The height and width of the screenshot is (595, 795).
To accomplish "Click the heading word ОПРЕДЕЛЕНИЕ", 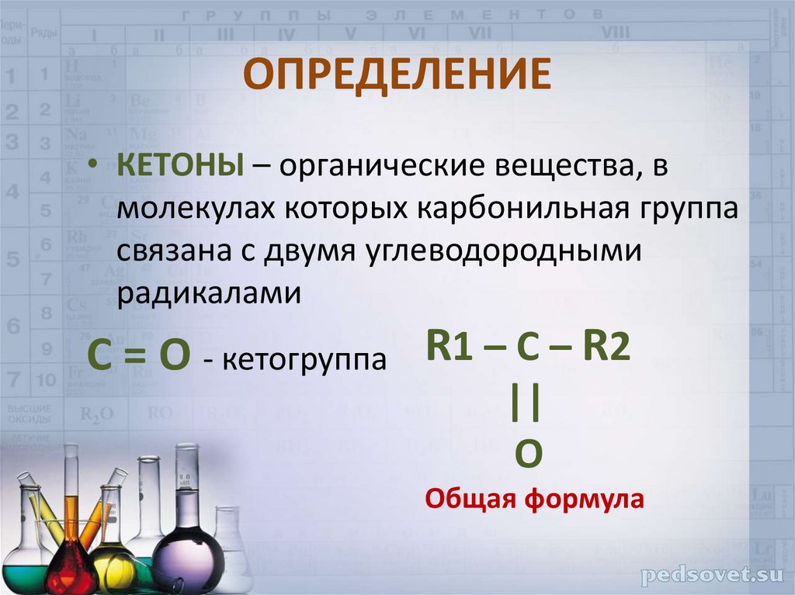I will click(x=397, y=75).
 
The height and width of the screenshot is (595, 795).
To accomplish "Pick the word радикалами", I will click(x=209, y=292).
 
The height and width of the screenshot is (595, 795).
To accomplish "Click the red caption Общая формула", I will click(x=534, y=498).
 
